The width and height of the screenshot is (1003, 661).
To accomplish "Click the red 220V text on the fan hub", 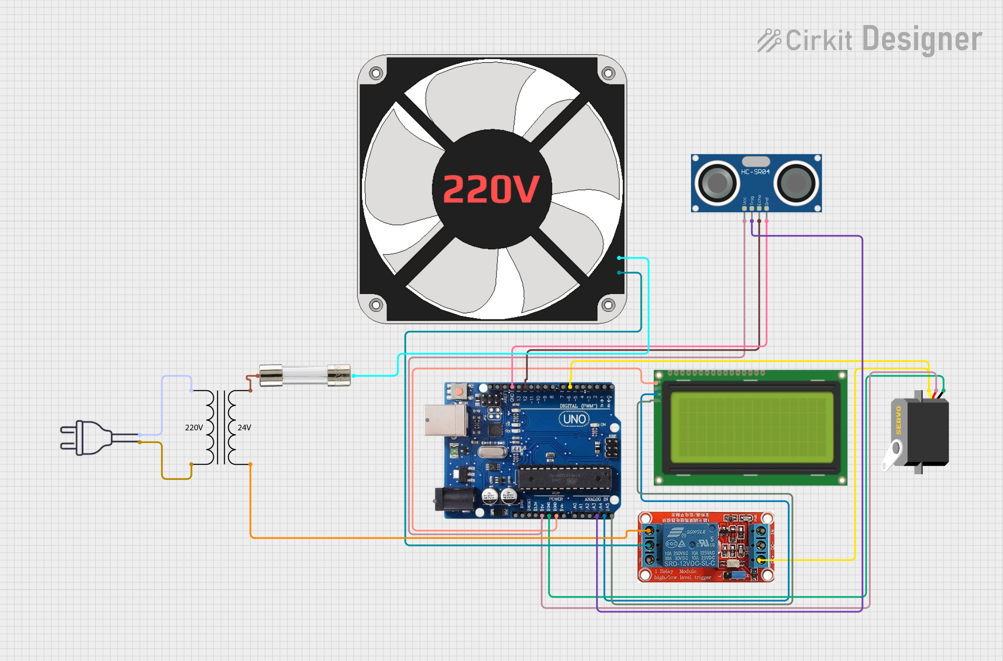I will click(491, 189).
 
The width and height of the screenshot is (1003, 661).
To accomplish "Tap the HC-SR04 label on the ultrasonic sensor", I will click(755, 172).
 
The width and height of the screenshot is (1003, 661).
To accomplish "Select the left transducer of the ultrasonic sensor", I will click(717, 183).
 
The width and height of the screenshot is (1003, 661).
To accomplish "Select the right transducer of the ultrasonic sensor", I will click(796, 183).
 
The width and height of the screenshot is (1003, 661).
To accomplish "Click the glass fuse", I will click(305, 375).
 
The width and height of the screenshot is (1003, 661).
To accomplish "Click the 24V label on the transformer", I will click(244, 427).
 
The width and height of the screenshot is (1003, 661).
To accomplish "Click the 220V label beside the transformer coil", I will click(194, 427).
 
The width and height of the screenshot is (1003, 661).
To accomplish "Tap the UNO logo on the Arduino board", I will click(574, 419).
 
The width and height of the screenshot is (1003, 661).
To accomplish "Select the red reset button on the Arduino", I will click(458, 391).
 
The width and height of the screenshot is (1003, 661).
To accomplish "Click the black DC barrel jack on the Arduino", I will click(454, 499).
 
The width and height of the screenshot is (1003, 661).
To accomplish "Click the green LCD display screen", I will click(752, 427).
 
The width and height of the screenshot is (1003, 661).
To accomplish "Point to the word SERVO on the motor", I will click(898, 420).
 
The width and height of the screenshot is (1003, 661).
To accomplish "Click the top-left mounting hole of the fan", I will click(376, 73).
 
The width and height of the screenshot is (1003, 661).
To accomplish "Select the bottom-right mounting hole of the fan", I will click(608, 305).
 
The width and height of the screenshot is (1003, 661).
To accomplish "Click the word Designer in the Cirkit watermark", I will click(922, 39).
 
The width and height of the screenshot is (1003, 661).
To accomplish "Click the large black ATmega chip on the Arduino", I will click(565, 477).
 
